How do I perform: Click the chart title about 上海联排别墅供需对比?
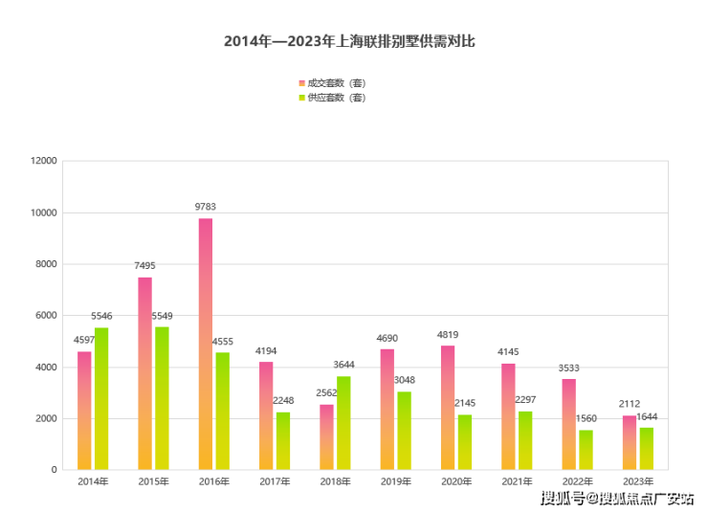(349, 41)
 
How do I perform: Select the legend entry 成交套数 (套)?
(335, 82)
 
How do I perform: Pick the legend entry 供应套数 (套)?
(335, 98)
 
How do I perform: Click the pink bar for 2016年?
(206, 345)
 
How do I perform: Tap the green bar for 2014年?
(101, 398)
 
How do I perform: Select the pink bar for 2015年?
(144, 373)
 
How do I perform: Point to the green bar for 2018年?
(343, 423)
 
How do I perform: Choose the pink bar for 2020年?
(448, 408)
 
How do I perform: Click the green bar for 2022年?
(586, 450)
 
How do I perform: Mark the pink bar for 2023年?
(630, 442)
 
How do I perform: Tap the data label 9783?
(206, 207)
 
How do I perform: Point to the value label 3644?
(344, 365)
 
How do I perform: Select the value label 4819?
(448, 334)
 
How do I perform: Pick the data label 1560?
(586, 418)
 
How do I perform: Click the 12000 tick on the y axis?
(44, 161)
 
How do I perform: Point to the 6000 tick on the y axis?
(47, 316)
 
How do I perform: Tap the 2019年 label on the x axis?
(395, 481)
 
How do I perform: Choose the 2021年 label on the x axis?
(517, 481)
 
